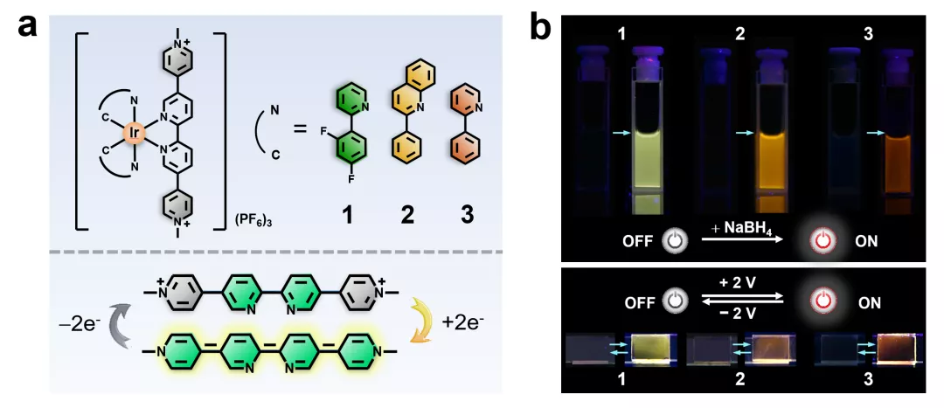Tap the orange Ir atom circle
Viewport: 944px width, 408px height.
point(134,134)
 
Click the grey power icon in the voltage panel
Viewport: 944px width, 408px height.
point(673,302)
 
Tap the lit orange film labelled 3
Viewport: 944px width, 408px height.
point(889,349)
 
